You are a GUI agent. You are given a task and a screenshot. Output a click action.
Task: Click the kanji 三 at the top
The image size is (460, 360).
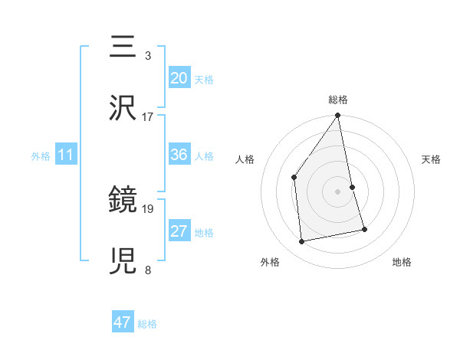point(124,47)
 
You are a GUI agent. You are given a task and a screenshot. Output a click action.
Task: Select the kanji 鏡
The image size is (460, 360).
point(124,201)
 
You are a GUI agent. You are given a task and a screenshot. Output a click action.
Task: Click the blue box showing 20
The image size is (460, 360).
point(179,77)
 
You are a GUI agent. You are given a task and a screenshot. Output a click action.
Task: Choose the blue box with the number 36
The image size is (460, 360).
point(179,155)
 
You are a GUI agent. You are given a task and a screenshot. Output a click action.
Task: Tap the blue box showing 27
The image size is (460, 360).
point(179,231)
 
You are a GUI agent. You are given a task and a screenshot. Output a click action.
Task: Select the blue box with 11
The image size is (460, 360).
point(66,155)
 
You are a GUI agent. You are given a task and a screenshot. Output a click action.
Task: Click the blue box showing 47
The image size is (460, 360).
point(123,322)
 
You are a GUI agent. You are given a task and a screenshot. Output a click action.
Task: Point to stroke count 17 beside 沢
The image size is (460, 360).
point(148,117)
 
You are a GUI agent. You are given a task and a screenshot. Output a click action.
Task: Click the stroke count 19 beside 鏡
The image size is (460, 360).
point(148,208)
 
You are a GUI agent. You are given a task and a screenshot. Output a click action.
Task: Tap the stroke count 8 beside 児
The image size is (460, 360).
point(147,270)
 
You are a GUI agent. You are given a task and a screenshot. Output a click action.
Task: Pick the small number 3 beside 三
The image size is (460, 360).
point(147,56)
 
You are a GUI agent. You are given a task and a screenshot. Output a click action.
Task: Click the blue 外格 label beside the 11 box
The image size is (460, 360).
point(41,155)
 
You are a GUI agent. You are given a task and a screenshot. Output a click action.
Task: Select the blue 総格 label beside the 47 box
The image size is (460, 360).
point(147,323)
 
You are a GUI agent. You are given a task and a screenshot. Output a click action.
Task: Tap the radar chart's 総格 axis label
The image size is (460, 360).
point(338,100)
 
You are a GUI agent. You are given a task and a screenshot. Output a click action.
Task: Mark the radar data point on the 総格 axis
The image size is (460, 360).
point(338,116)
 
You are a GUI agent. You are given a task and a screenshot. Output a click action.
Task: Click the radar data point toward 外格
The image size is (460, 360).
point(302,241)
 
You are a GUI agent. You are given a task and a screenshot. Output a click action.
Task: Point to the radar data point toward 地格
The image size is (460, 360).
point(364,228)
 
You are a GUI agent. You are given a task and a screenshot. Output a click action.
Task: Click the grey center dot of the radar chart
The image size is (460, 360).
point(338,191)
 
